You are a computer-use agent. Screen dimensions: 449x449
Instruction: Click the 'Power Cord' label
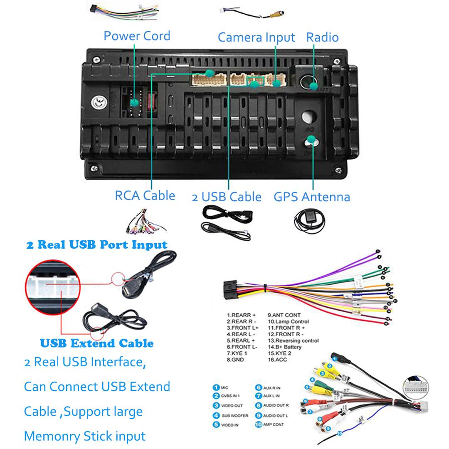click(x=137, y=36)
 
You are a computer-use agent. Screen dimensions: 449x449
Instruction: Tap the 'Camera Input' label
click(x=256, y=37)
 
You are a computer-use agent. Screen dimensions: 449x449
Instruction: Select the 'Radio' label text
click(x=322, y=37)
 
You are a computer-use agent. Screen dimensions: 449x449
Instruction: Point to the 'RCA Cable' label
click(x=145, y=195)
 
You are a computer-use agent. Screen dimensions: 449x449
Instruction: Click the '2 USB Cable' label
click(x=227, y=197)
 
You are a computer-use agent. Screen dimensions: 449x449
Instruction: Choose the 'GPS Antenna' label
click(x=311, y=197)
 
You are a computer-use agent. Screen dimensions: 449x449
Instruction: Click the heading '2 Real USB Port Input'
click(x=96, y=244)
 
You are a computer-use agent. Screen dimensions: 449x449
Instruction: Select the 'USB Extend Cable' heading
click(x=96, y=343)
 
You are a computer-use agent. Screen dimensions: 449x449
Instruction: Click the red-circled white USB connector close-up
click(x=52, y=287)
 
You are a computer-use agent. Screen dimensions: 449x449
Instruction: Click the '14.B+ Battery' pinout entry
click(x=284, y=347)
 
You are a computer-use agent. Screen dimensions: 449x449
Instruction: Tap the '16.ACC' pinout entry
click(x=277, y=360)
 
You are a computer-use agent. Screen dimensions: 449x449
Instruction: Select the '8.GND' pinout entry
click(x=235, y=360)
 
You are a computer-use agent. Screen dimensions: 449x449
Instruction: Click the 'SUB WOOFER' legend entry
click(x=235, y=415)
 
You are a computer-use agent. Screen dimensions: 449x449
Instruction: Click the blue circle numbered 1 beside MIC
click(x=216, y=387)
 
